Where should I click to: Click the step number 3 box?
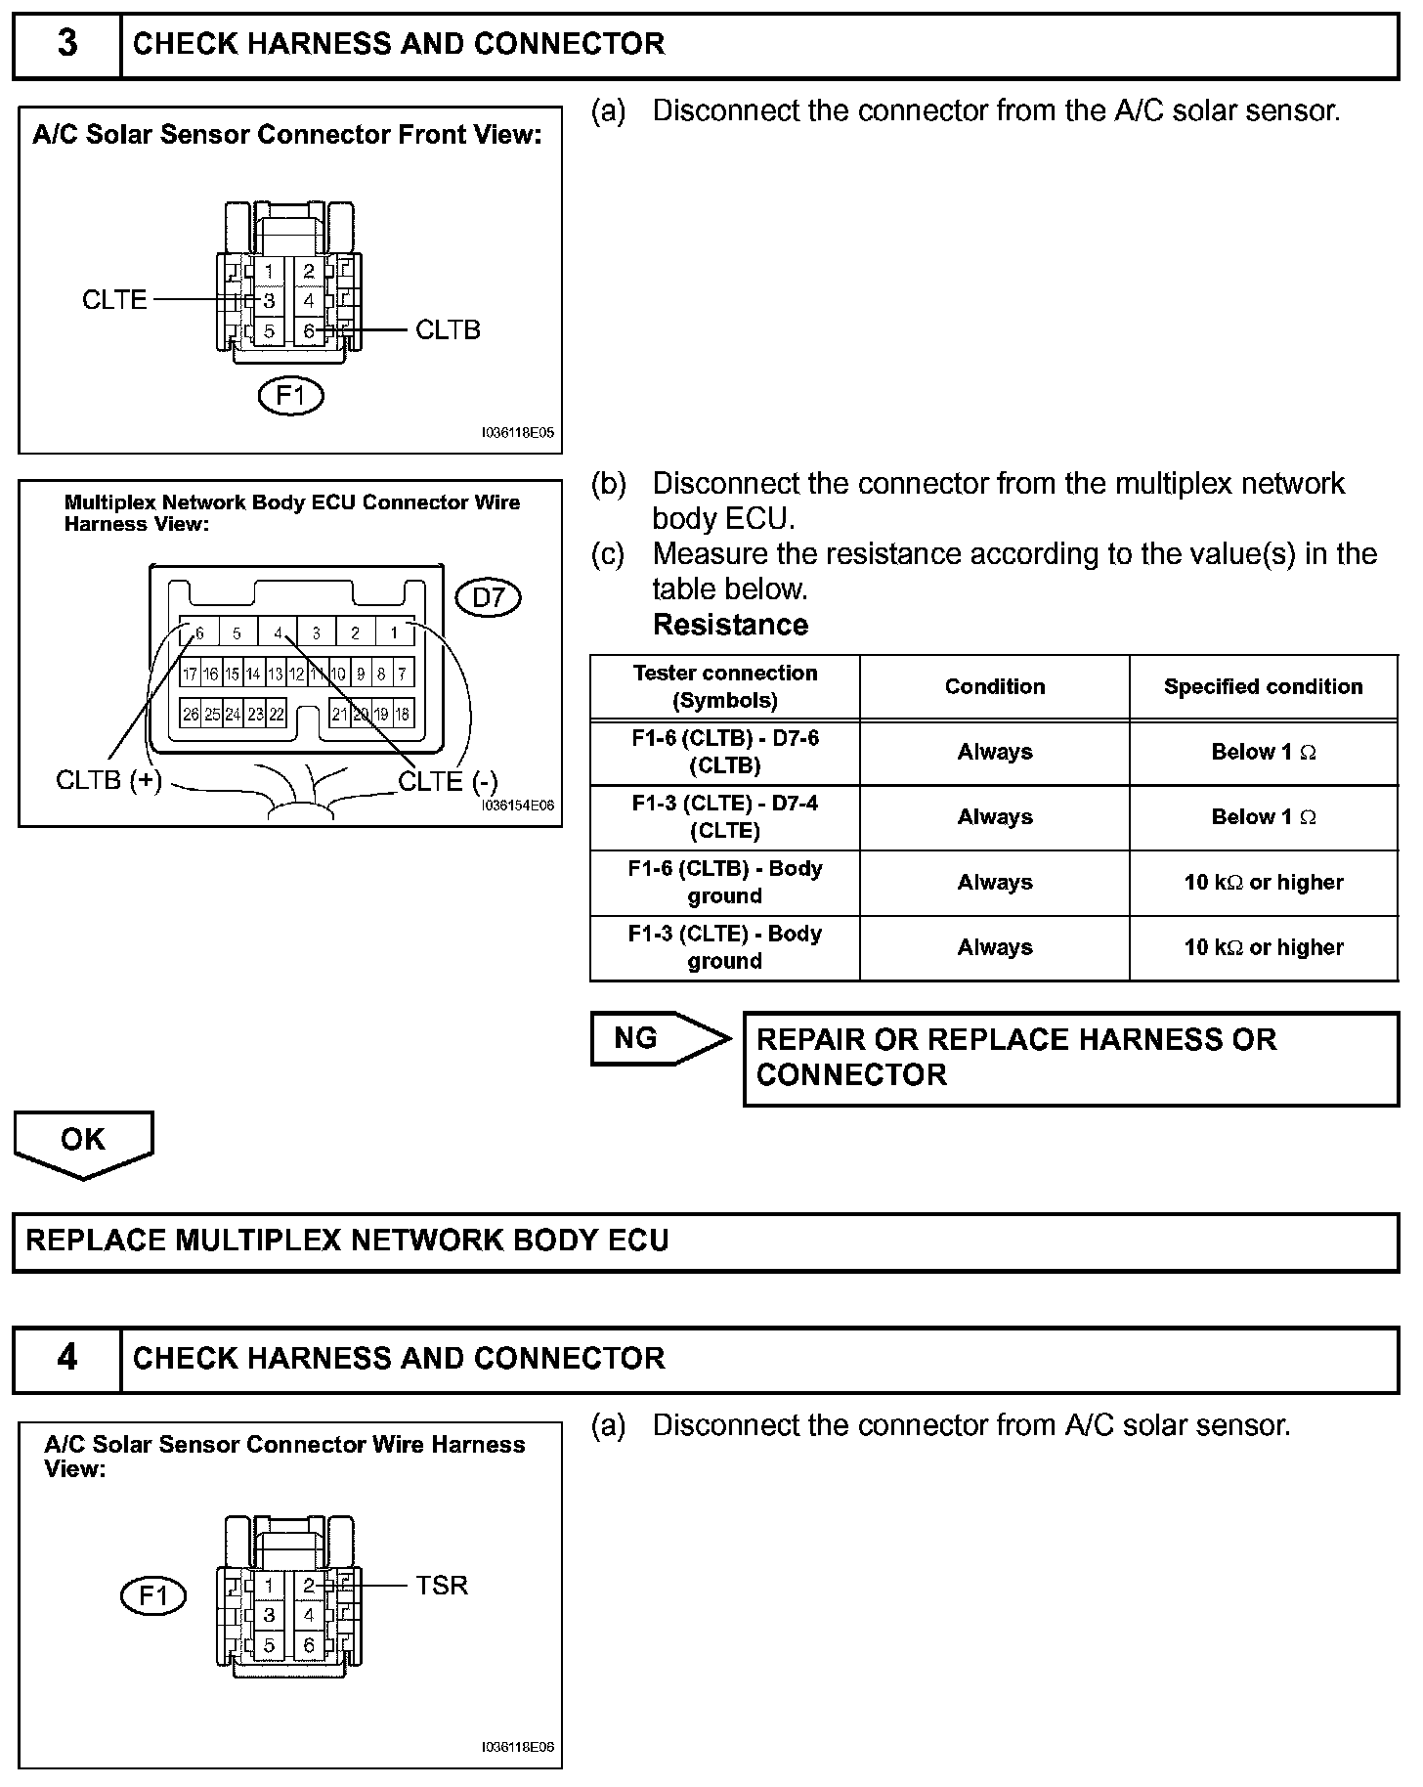(x=66, y=45)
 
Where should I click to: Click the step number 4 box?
(x=66, y=1359)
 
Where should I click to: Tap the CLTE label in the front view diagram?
(x=114, y=299)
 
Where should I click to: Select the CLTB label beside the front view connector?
(x=448, y=330)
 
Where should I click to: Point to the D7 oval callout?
(x=489, y=597)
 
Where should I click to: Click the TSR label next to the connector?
(x=442, y=1585)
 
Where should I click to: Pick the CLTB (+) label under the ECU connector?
(x=108, y=780)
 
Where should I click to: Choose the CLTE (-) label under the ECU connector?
(x=448, y=781)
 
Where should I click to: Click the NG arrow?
(x=660, y=1038)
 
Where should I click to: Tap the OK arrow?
(x=83, y=1142)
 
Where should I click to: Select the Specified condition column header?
(x=1263, y=687)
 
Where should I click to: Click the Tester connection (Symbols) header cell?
(x=724, y=686)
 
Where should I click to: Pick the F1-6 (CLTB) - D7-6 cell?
(x=724, y=752)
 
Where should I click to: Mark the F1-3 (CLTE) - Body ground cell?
(x=724, y=947)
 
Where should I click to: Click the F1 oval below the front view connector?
(x=290, y=396)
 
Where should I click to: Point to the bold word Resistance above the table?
(x=730, y=625)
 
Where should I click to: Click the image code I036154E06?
(x=517, y=806)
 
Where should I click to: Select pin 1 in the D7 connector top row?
(x=394, y=633)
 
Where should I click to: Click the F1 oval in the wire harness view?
(x=153, y=1596)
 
